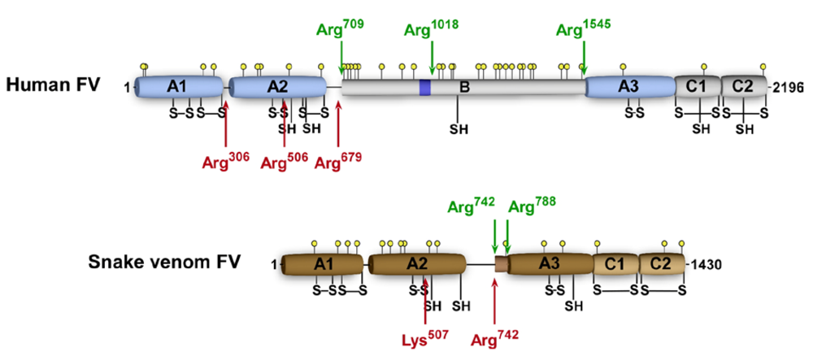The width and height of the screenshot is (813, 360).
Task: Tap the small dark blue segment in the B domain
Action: [x=424, y=87]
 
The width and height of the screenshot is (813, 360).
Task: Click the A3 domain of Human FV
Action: [x=628, y=86]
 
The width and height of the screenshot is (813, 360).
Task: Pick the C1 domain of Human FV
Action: [x=696, y=86]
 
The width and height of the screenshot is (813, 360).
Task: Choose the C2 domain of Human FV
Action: [x=742, y=86]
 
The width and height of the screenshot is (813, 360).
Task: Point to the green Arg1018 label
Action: [x=432, y=33]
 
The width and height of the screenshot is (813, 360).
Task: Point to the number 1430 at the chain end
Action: [x=705, y=264]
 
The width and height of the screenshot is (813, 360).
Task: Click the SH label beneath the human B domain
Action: [x=459, y=128]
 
